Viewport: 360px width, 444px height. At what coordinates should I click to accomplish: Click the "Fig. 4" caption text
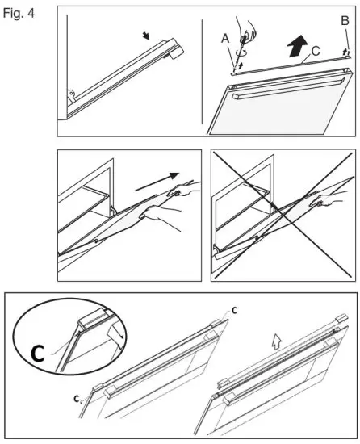point(19,13)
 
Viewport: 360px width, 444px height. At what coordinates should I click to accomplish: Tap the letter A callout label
point(225,38)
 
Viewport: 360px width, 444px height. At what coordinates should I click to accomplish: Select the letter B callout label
point(345,21)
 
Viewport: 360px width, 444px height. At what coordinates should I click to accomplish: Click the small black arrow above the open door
point(146,36)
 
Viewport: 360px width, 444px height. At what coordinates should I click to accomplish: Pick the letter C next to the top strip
point(316,51)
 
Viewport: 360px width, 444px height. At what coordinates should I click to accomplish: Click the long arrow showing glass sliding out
point(157,182)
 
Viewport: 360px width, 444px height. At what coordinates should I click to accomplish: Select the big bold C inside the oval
point(37,353)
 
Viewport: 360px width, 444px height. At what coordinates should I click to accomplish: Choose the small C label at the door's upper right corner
point(234,310)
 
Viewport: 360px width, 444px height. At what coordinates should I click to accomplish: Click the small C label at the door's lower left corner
point(76,399)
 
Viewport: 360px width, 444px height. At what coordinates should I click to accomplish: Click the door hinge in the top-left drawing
point(71,95)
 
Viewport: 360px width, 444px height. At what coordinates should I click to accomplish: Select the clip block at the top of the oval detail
point(92,318)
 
